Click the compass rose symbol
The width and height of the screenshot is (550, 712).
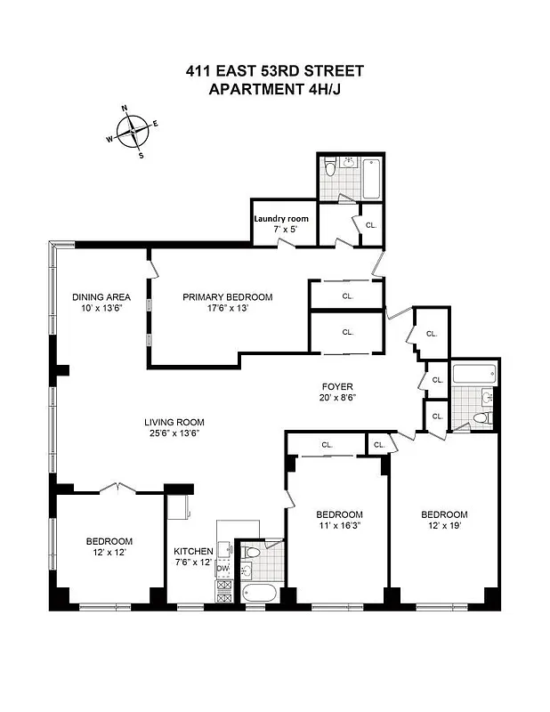coord(132,132)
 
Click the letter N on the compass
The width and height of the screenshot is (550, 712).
coord(124,109)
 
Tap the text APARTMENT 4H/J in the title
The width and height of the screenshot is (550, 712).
coord(273,88)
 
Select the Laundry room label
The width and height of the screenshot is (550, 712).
coord(281,218)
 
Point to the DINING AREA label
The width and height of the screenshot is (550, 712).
coord(101,296)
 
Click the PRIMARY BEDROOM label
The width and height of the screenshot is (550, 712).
coord(228,296)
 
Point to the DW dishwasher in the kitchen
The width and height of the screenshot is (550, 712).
coord(222,568)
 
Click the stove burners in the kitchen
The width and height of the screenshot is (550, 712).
coord(223,594)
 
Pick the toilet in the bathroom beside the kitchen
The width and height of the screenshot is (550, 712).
coord(253,554)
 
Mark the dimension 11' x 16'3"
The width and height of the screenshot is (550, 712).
coord(339,526)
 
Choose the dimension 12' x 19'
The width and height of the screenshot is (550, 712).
coord(443,526)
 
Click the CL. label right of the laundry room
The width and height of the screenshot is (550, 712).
coord(370,225)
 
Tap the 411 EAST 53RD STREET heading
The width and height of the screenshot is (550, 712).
coord(274,71)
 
